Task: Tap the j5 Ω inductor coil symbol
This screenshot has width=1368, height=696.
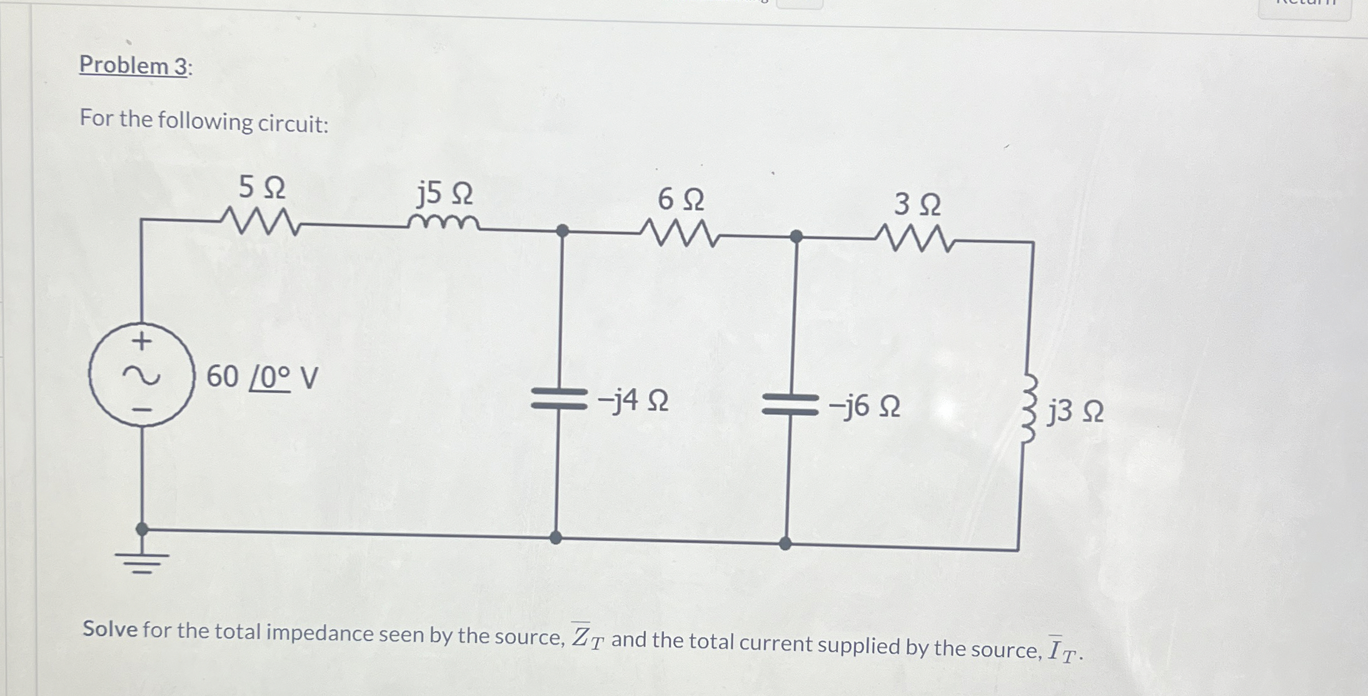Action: coord(443,222)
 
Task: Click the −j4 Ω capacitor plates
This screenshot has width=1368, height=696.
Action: coord(558,398)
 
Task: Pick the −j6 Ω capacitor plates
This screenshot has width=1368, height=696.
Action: coord(790,404)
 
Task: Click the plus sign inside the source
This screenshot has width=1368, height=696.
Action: coord(143,341)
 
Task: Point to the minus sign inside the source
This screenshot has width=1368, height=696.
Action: coord(143,410)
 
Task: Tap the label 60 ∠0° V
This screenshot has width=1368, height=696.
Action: coord(262,377)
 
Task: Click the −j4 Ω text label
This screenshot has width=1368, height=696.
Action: coord(633,400)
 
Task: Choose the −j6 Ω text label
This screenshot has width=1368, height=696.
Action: coord(865,407)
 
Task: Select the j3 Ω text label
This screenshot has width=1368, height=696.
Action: coord(1076,412)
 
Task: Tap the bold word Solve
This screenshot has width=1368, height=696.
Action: coord(110,628)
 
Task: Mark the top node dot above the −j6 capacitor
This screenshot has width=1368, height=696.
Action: coord(796,236)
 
